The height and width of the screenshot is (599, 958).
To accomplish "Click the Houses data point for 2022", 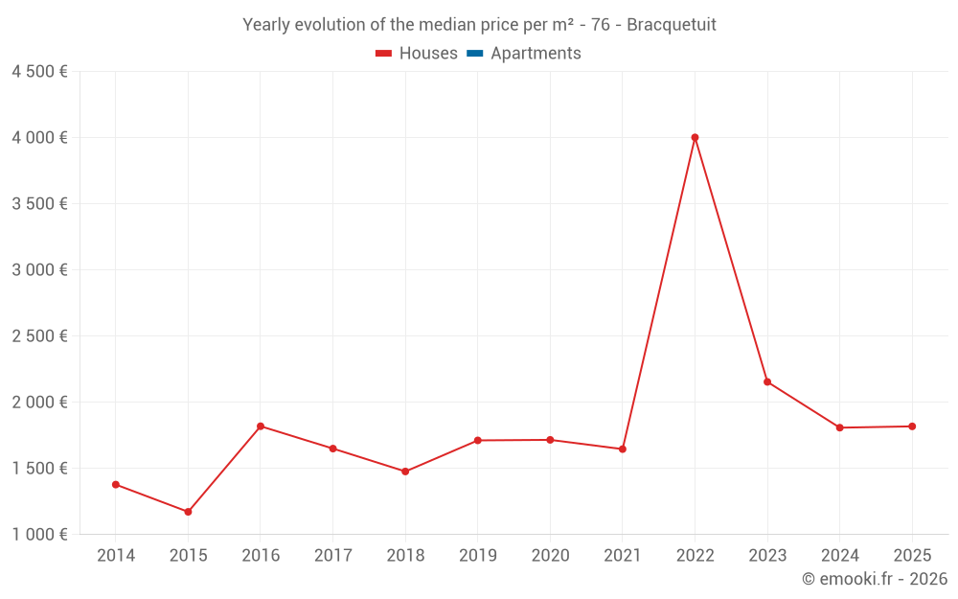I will [x=695, y=138].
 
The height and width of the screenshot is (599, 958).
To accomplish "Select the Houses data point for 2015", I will [x=188, y=512].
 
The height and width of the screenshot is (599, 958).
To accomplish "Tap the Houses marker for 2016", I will [x=261, y=426].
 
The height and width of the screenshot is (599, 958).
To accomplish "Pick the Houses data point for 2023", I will [x=767, y=382].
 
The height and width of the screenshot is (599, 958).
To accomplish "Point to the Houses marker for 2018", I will [x=405, y=472].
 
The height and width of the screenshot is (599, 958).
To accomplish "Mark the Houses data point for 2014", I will [x=116, y=485].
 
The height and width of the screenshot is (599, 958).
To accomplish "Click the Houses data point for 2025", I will [x=912, y=426].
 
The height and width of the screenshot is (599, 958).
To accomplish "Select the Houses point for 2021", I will [x=623, y=449].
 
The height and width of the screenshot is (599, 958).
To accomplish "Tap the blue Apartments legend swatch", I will [x=474, y=54].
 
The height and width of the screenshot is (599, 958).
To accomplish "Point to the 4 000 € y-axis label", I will [x=40, y=138].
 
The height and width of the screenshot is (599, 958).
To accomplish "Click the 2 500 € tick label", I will [x=40, y=336].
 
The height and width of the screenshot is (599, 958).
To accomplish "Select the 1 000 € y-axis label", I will [x=40, y=535].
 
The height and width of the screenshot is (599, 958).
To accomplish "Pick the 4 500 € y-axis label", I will [x=40, y=72].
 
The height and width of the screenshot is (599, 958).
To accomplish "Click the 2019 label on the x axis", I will [x=477, y=556].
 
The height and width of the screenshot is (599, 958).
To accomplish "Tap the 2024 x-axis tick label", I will [x=839, y=556].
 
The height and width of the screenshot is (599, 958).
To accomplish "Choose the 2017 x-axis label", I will [x=332, y=556].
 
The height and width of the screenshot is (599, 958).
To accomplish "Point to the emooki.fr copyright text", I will [x=875, y=579].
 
